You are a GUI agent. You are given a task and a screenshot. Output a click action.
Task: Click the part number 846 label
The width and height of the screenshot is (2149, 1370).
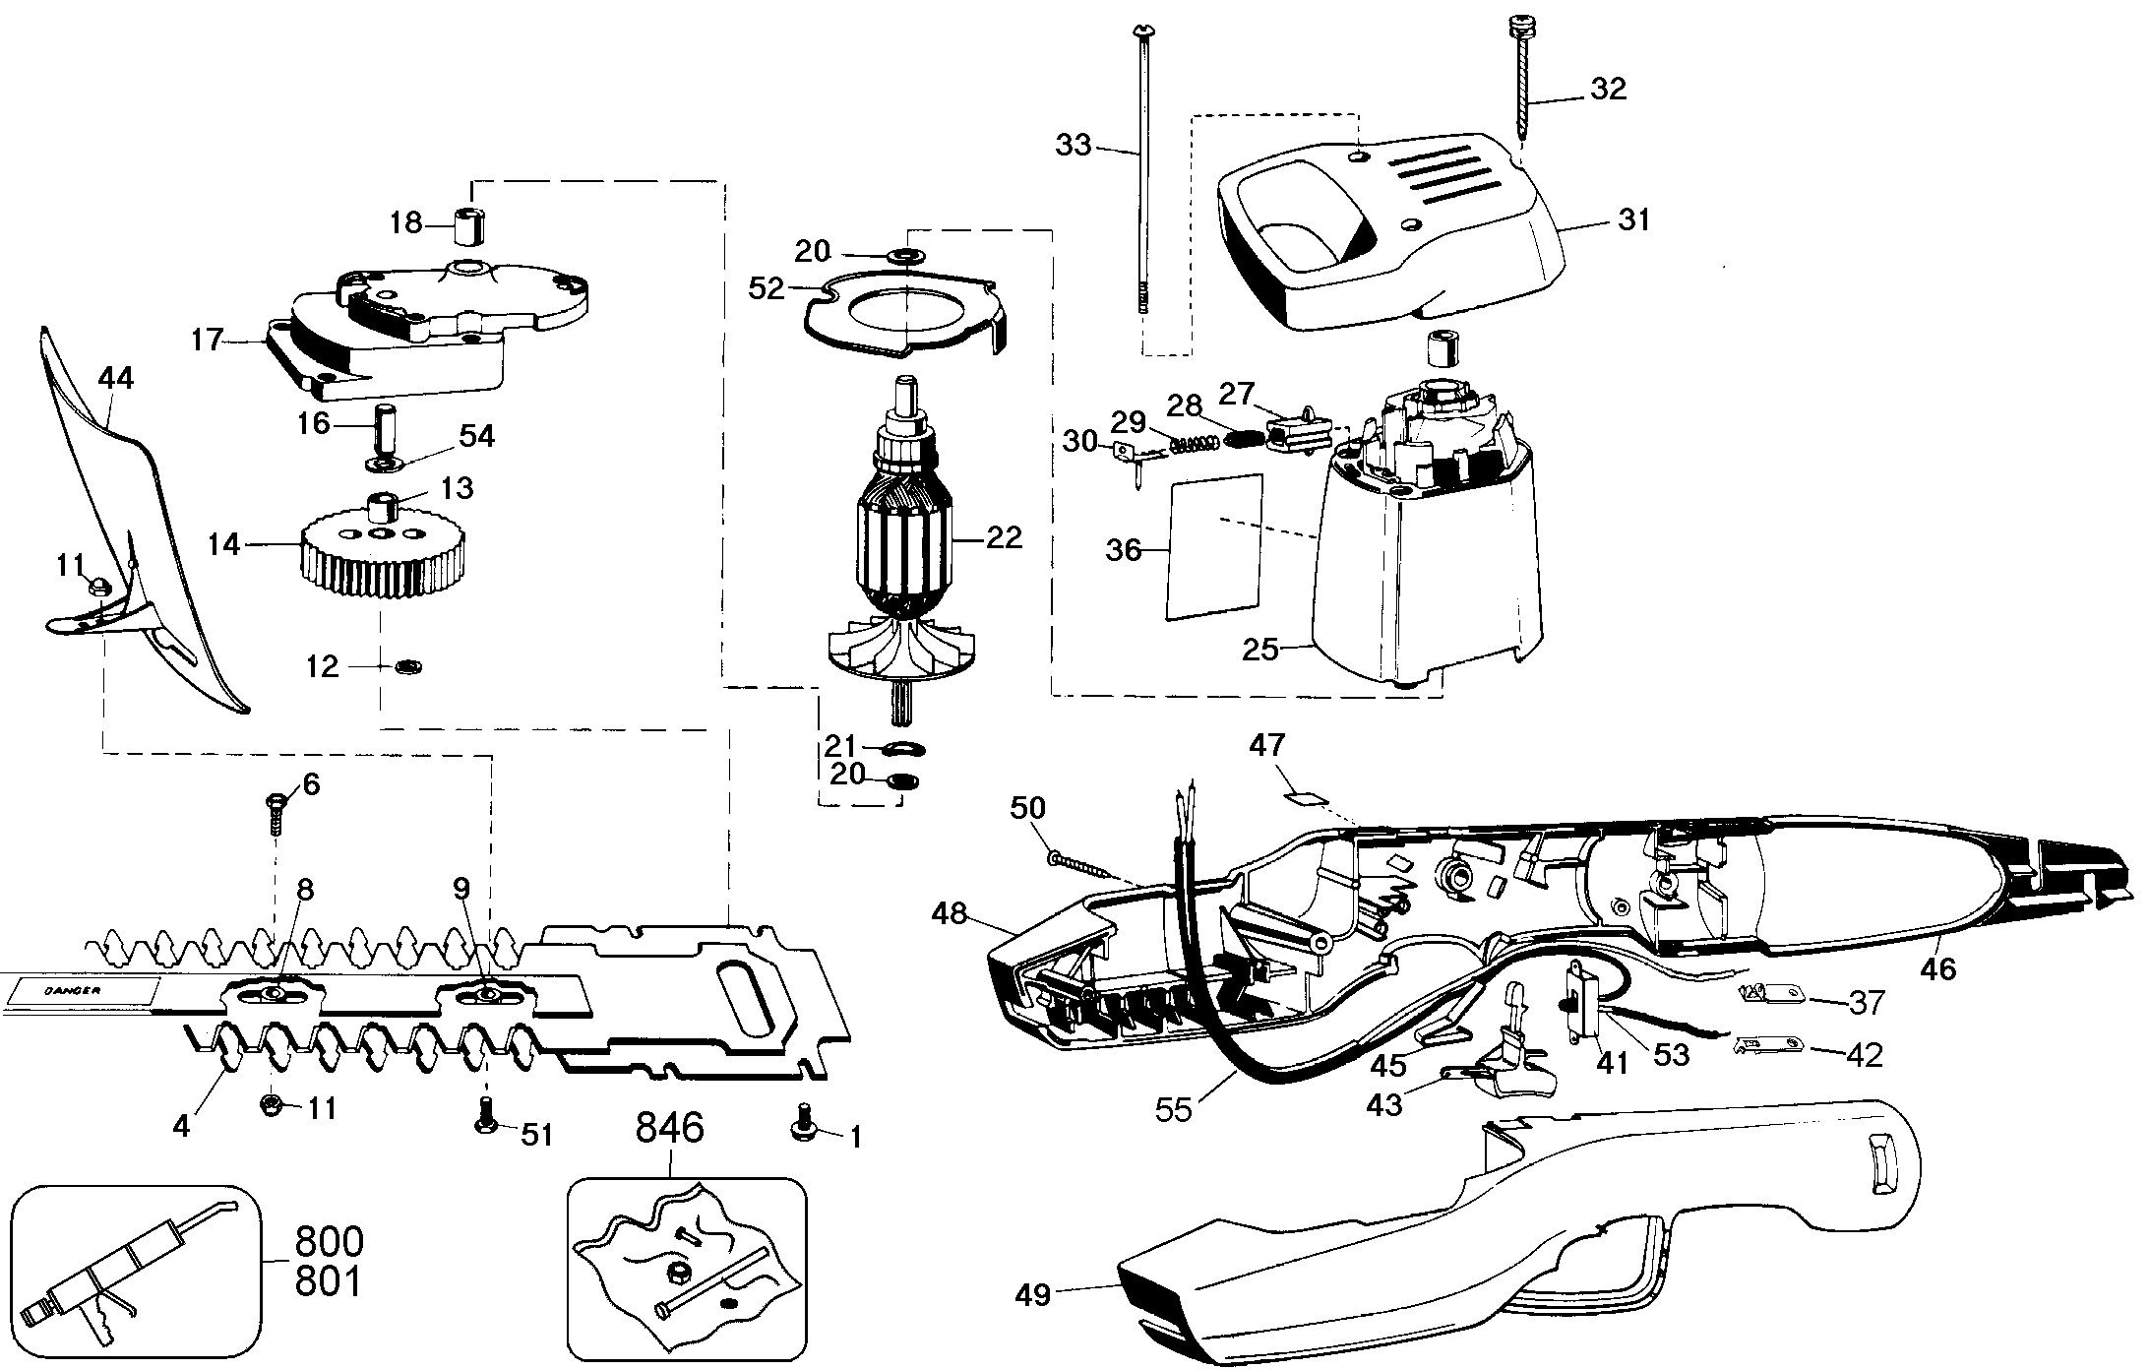(669, 1129)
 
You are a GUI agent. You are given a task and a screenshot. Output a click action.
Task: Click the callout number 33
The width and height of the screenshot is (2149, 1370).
(1074, 146)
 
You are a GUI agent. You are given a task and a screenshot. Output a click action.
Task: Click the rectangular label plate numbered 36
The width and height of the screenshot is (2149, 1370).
(1213, 547)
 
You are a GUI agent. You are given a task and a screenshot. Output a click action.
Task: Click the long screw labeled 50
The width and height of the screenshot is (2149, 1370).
(1082, 867)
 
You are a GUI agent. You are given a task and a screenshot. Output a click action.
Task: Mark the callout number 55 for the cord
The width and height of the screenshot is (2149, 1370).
(1174, 1109)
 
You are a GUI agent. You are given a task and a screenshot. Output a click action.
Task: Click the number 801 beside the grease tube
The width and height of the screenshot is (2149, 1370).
(329, 1282)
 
